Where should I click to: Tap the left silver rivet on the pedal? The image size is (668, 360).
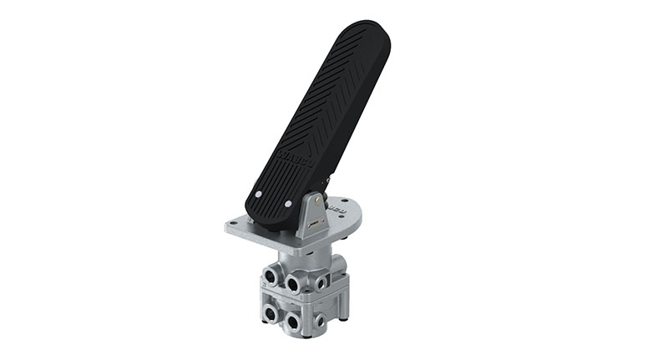pos(259,194)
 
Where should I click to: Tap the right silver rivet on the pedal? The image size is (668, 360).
pos(288,204)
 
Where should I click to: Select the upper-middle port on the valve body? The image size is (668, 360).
pos(295,283)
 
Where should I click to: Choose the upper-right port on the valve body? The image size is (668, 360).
pos(321,283)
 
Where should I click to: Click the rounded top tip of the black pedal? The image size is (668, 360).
pos(368,33)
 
